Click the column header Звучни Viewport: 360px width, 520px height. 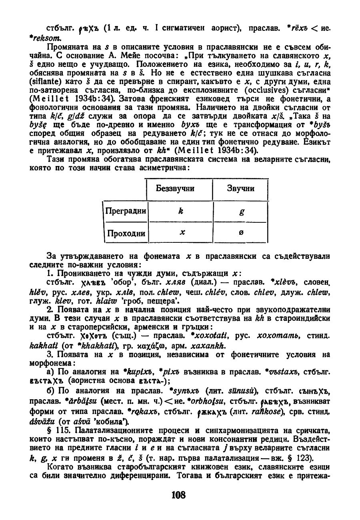pyautogui.click(x=241, y=188)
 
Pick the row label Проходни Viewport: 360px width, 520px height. pyautogui.click(x=126, y=233)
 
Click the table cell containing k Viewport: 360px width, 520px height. pyautogui.click(x=181, y=211)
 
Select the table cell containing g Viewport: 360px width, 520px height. pyautogui.click(x=241, y=212)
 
